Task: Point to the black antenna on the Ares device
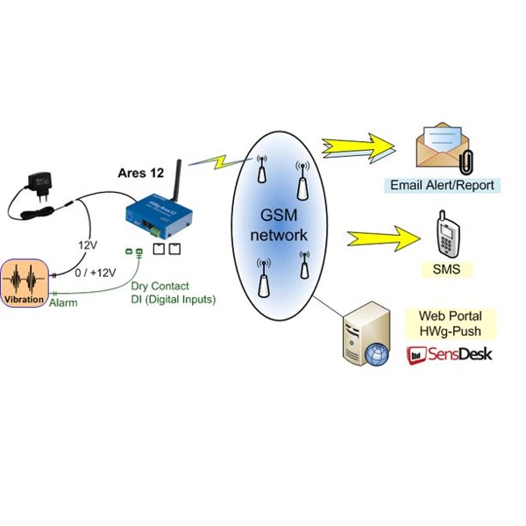[174, 180]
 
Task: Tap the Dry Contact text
[158, 286]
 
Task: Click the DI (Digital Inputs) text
[167, 300]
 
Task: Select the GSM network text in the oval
[277, 226]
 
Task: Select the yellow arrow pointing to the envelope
[359, 146]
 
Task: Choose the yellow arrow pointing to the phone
[380, 237]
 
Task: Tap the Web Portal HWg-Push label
[451, 323]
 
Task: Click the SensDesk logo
[449, 354]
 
